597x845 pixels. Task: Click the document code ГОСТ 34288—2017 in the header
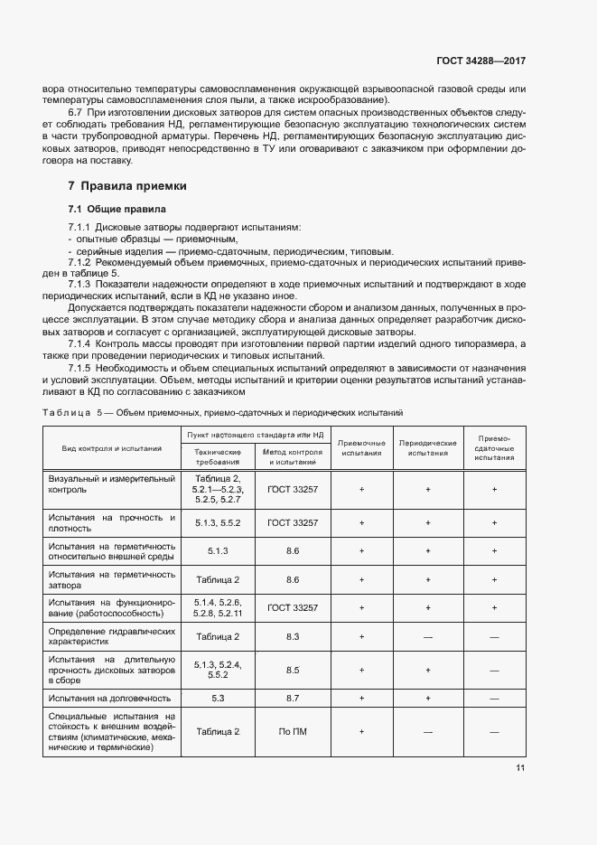pos(480,61)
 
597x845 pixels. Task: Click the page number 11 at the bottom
pos(520,768)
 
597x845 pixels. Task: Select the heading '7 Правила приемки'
pos(127,186)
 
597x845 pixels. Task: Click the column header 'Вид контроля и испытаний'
pos(112,447)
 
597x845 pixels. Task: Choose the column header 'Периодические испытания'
pos(427,447)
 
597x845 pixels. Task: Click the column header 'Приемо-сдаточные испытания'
pos(494,447)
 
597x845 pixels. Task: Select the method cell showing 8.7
pos(293,698)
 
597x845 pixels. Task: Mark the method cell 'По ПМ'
pos(293,731)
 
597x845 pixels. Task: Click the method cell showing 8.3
pos(293,636)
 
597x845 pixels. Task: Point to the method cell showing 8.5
pos(293,670)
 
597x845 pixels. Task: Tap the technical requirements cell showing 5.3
pos(217,698)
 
